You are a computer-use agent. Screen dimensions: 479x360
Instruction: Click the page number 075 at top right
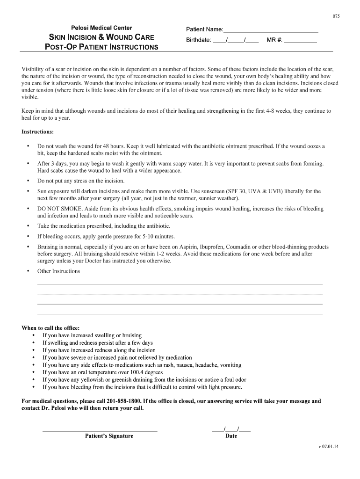coord(336,16)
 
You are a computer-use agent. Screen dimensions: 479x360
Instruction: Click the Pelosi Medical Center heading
coord(101,28)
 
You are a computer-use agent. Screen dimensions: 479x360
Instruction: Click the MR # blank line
coord(301,41)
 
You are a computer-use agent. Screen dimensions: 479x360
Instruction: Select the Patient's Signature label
coord(109,436)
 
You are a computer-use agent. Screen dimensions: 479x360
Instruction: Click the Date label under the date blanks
coord(231,436)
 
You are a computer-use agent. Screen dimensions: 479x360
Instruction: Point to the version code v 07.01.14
coord(328,446)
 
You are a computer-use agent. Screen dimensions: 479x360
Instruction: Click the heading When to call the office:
coord(50,328)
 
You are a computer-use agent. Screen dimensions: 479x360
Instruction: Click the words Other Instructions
coord(58,271)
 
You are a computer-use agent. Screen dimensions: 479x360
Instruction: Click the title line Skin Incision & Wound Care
coord(102,37)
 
